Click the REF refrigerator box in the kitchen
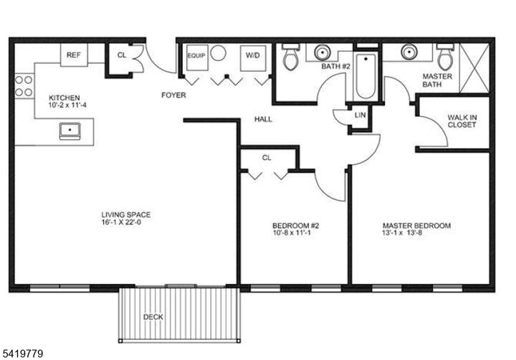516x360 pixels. (73, 55)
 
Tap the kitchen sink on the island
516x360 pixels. (70, 131)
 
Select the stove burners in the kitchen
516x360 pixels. (24, 86)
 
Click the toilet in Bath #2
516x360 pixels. (290, 57)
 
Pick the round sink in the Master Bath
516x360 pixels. (410, 52)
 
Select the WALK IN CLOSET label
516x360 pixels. (462, 120)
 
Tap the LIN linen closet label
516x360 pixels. (359, 115)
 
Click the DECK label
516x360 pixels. (153, 316)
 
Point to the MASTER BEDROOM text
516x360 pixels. (416, 225)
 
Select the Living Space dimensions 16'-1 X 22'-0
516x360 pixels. (125, 222)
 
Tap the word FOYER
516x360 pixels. (173, 94)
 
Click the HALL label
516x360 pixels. (263, 119)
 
